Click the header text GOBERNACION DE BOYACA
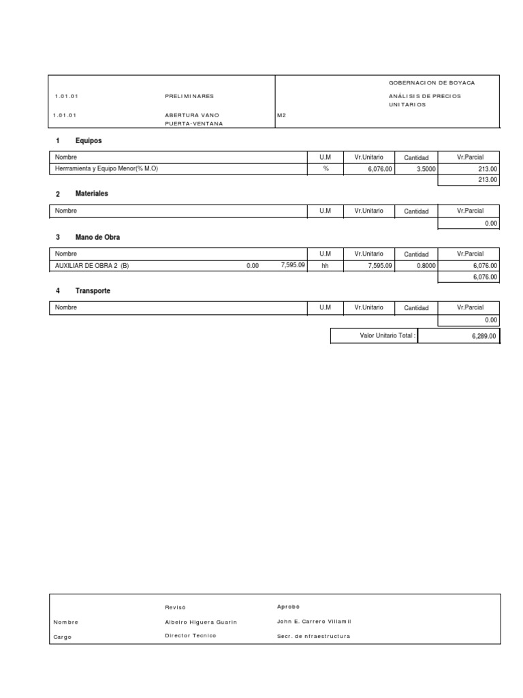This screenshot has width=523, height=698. coord(431,82)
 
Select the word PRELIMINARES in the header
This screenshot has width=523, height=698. coord(189,96)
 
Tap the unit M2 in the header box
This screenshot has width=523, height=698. coord(281,115)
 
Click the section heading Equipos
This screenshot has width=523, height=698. coord(89,140)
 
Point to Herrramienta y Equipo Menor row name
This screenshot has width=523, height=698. coord(106,168)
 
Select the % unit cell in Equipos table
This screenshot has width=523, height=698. coord(326,168)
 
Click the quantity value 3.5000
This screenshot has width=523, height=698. coord(416,169)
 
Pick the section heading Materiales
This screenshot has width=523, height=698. coord(91,194)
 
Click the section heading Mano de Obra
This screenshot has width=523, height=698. coord(97,237)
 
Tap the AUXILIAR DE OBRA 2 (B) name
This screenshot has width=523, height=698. coord(91,266)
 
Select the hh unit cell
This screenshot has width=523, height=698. coord(325,266)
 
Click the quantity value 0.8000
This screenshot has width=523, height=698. coord(416,267)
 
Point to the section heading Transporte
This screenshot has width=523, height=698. coord(93,291)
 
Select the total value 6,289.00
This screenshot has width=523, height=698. coord(483,337)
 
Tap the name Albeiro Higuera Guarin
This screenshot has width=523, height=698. coord(201,622)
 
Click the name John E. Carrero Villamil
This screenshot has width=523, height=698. coord(314,622)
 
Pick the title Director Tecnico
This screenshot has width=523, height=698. coord(190,636)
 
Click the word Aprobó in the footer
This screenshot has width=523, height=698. coord(288,607)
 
